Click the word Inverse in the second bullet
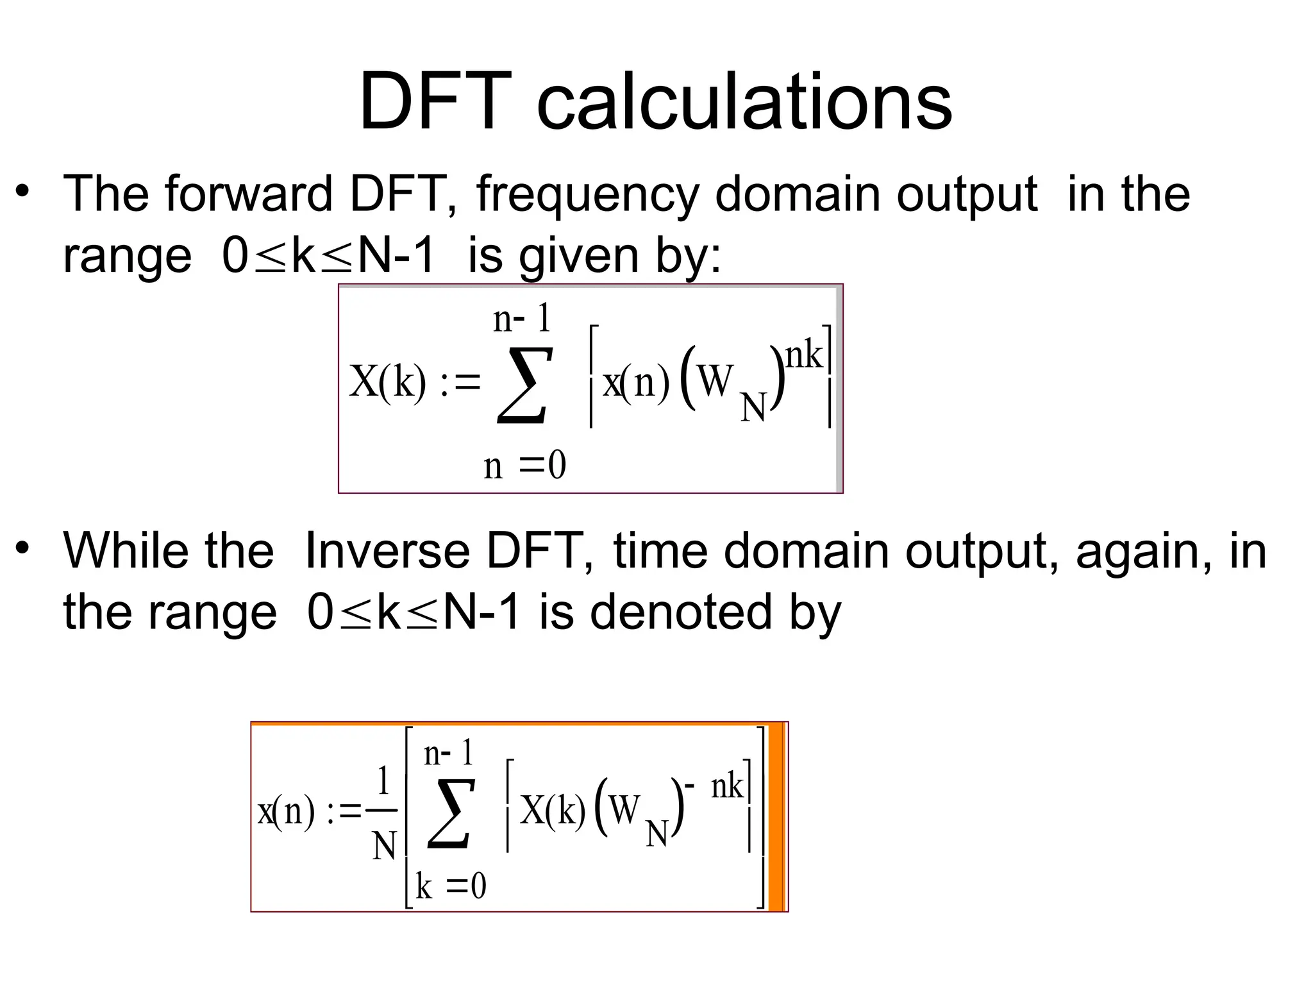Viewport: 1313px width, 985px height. (x=387, y=551)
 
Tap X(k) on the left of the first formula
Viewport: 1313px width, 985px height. (x=387, y=383)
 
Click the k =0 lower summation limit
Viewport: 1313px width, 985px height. (x=451, y=887)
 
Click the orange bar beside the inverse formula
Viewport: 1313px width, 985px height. (x=776, y=816)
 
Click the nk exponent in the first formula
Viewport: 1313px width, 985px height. (x=803, y=355)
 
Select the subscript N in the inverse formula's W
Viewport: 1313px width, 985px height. (x=657, y=835)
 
